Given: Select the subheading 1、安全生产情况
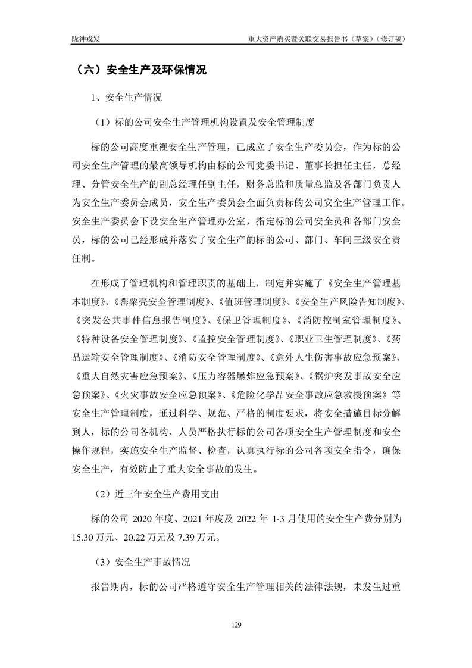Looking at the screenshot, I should pos(126,96).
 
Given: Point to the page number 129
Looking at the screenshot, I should pos(236,625).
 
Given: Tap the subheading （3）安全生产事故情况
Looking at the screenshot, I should pos(141,562).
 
